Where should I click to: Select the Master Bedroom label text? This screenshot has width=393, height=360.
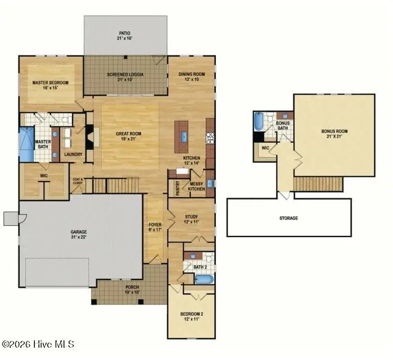pos(51,85)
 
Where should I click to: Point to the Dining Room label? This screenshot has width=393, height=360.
pos(192,76)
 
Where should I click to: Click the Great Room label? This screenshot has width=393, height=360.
pos(130,135)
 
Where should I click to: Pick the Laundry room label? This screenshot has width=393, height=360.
pos(74,154)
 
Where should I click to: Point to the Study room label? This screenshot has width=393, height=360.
pos(192,218)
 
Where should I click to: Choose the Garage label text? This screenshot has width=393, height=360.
pos(79,233)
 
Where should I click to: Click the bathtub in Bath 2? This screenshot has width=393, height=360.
pos(203,279)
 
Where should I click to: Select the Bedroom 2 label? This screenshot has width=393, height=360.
pos(191,316)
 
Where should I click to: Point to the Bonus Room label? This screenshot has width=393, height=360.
pos(335,134)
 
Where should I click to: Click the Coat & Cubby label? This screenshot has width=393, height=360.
pos(78,181)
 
